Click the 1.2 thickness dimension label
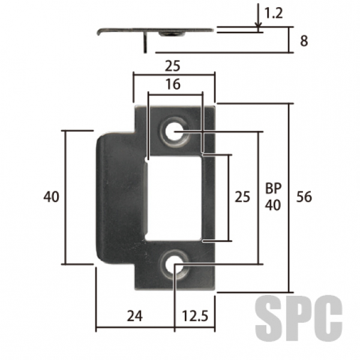tap(274, 13)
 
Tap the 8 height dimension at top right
tap(304, 41)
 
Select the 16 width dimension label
tap(173, 84)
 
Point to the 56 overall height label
tap(304, 197)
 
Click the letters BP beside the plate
tap(273, 188)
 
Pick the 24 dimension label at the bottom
tap(135, 316)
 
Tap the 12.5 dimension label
tap(195, 316)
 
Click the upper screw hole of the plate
tap(175, 131)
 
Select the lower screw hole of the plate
tap(175, 264)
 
